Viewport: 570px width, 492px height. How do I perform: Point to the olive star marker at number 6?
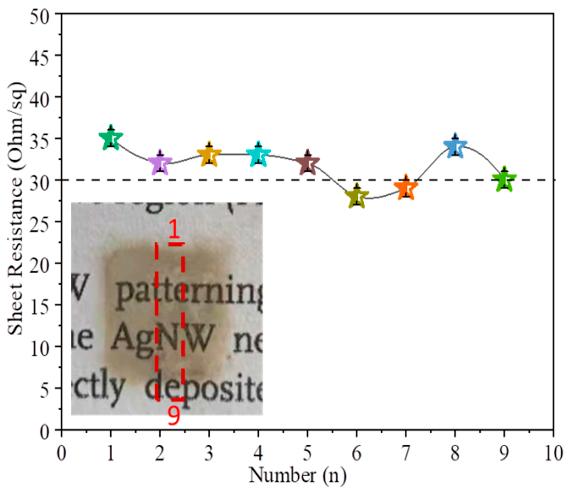point(357,197)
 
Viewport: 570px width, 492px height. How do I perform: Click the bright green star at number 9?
point(504,180)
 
